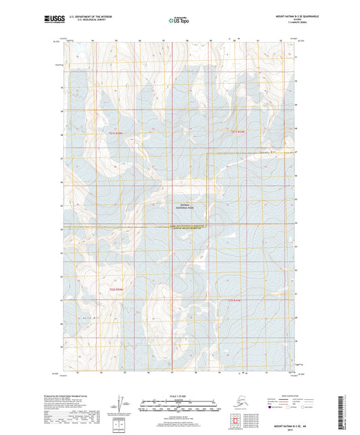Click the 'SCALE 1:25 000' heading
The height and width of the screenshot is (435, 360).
pyautogui.click(x=180, y=396)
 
